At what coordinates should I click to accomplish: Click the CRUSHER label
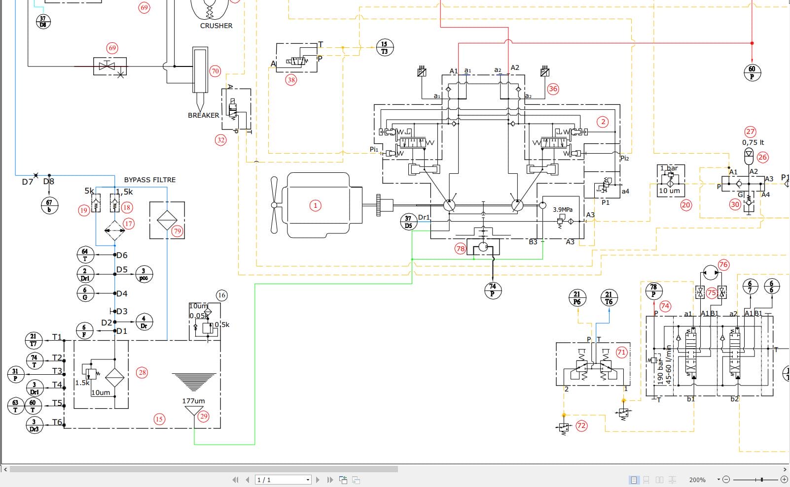[216, 26]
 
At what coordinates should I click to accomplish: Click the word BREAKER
[203, 115]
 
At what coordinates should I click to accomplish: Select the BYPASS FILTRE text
[149, 180]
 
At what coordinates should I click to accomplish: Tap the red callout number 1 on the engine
[315, 205]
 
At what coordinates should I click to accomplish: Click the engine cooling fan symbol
[274, 205]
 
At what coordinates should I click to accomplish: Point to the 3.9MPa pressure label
[562, 209]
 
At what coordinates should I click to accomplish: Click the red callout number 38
[291, 80]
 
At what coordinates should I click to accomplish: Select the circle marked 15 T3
[385, 47]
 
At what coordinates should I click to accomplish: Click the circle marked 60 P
[752, 72]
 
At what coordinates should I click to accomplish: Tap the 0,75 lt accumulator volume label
[753, 142]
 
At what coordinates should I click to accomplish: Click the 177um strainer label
[193, 401]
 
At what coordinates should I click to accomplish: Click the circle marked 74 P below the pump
[493, 290]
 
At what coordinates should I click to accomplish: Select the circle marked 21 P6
[577, 298]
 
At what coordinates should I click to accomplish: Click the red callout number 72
[582, 425]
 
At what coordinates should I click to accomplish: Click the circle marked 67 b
[49, 205]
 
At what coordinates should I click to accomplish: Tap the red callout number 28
[143, 372]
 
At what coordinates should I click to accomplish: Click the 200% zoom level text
[697, 480]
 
